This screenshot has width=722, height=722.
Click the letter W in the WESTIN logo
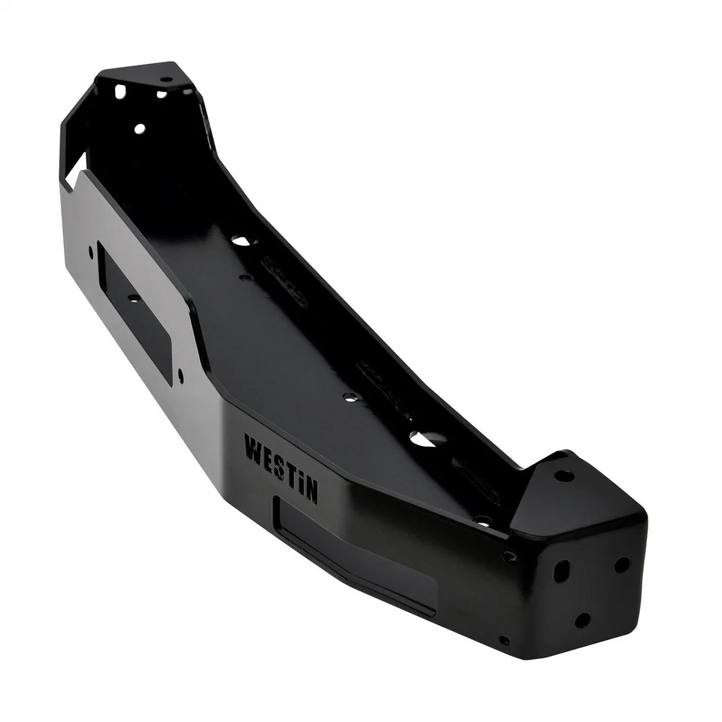pos(253,448)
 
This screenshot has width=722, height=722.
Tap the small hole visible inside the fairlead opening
pos(134,298)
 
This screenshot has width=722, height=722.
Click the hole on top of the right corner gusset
pos(563,475)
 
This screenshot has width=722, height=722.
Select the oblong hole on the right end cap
pos(561,571)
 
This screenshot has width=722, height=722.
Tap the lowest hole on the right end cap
pos(582,620)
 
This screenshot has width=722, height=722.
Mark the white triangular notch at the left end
pos(76,170)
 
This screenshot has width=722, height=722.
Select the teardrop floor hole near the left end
pos(241,241)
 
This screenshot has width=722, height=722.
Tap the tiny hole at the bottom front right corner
pos(504,640)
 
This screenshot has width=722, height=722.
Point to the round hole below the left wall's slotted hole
pos(139,129)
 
